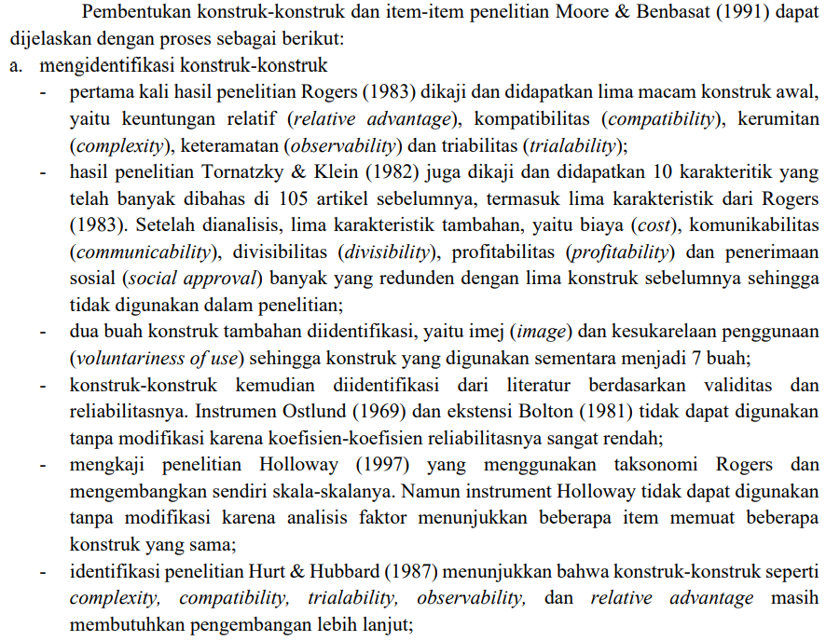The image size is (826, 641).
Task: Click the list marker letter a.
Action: coord(14,66)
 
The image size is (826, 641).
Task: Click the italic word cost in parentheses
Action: coord(654,225)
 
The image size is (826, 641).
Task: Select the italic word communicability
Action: coord(140,252)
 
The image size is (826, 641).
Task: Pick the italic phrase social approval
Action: coord(204,279)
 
